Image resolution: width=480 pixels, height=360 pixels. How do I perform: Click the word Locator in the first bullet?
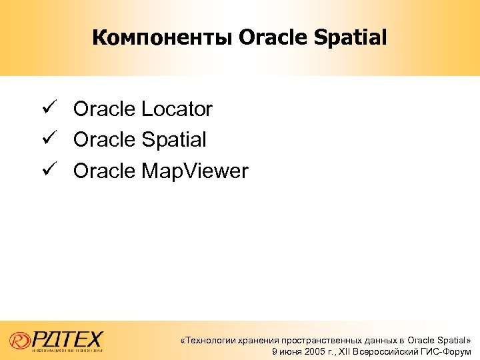pos(177,109)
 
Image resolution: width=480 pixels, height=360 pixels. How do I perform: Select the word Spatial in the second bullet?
pos(174,140)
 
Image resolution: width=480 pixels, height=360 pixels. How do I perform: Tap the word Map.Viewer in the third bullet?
pos(195,172)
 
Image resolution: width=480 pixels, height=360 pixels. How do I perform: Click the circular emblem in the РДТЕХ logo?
pos(21,339)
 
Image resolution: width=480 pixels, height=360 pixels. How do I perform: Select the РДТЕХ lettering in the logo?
pos(67,337)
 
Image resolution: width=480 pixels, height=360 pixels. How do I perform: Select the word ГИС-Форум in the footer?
pos(447,351)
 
